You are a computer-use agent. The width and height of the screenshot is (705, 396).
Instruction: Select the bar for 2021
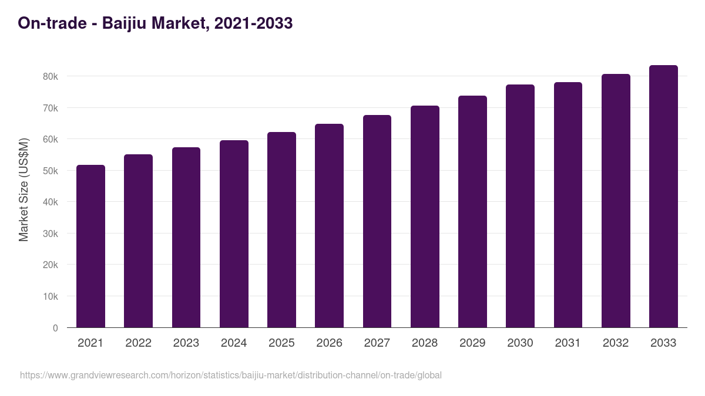coord(90,246)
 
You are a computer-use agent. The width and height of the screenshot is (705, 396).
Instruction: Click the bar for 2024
coord(234,234)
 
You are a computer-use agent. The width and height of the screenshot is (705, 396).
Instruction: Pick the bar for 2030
coord(520,206)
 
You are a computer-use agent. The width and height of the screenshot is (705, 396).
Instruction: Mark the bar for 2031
coord(568,205)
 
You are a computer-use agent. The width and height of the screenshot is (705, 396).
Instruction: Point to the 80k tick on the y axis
coord(50,77)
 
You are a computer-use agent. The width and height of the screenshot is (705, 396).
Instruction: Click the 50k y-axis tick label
coord(50,171)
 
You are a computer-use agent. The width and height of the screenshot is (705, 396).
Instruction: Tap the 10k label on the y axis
coord(50,297)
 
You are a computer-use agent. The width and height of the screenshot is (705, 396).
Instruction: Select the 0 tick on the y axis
coord(55,328)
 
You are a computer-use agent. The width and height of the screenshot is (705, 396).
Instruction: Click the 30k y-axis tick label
coord(50,233)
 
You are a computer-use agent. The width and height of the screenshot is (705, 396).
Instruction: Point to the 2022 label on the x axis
coord(138,343)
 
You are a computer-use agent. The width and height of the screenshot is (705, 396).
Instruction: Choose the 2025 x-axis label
coord(281,343)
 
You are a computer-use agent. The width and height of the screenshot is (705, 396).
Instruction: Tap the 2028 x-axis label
coord(425,343)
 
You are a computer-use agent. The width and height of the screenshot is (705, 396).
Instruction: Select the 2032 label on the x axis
coord(616,343)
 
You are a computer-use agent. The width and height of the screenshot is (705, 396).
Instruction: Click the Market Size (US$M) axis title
coord(23,189)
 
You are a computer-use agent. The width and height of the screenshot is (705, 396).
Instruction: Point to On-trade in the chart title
coord(53,23)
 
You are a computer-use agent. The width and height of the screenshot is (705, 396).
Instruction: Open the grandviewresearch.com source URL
coord(230,375)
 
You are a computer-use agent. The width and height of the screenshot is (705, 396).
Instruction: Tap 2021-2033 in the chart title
coord(253,23)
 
